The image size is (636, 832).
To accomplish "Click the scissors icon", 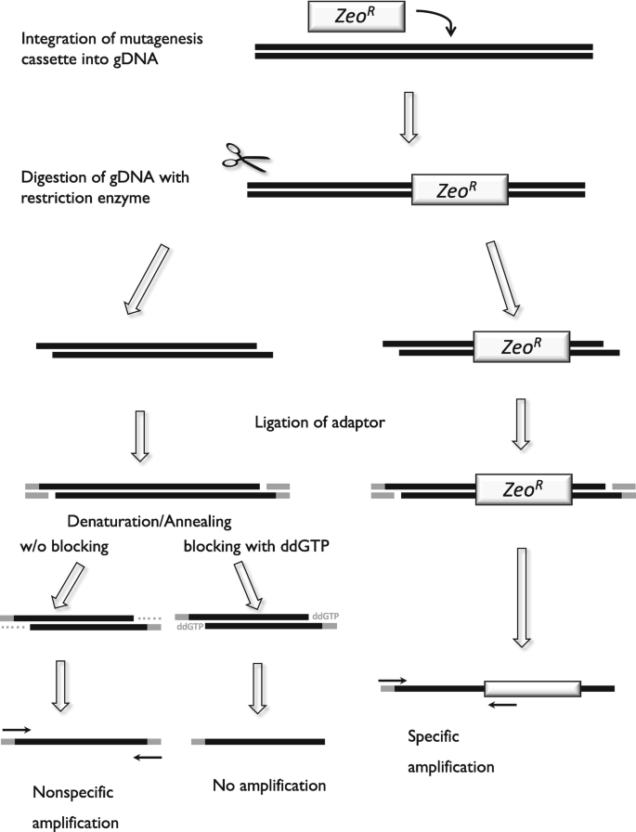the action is (246, 158).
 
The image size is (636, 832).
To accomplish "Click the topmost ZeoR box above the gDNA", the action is (357, 17).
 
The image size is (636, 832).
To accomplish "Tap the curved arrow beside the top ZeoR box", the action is (437, 21).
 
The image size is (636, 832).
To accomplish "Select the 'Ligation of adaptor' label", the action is (319, 422).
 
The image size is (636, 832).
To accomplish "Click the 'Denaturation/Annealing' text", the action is (149, 522).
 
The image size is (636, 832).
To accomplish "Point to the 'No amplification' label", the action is (269, 786).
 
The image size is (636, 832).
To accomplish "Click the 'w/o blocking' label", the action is (64, 546).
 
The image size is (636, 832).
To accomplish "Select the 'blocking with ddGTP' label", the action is (256, 546).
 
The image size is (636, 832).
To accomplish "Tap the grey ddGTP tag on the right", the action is (325, 616).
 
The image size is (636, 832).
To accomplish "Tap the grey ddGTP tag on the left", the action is (190, 627).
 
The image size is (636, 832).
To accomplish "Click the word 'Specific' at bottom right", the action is (434, 736).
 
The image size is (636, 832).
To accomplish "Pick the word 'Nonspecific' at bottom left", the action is (73, 792).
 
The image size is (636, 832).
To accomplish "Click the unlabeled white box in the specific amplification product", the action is (533, 689).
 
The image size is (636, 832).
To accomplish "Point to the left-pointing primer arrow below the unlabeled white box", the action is (502, 705).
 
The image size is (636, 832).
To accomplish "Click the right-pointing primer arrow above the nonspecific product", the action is (17, 730).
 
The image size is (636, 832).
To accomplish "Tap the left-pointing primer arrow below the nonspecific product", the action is (148, 757).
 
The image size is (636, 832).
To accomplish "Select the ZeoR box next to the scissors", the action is (460, 189).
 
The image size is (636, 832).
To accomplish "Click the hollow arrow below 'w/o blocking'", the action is (68, 586).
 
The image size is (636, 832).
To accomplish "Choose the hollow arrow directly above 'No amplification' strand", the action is (257, 688).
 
